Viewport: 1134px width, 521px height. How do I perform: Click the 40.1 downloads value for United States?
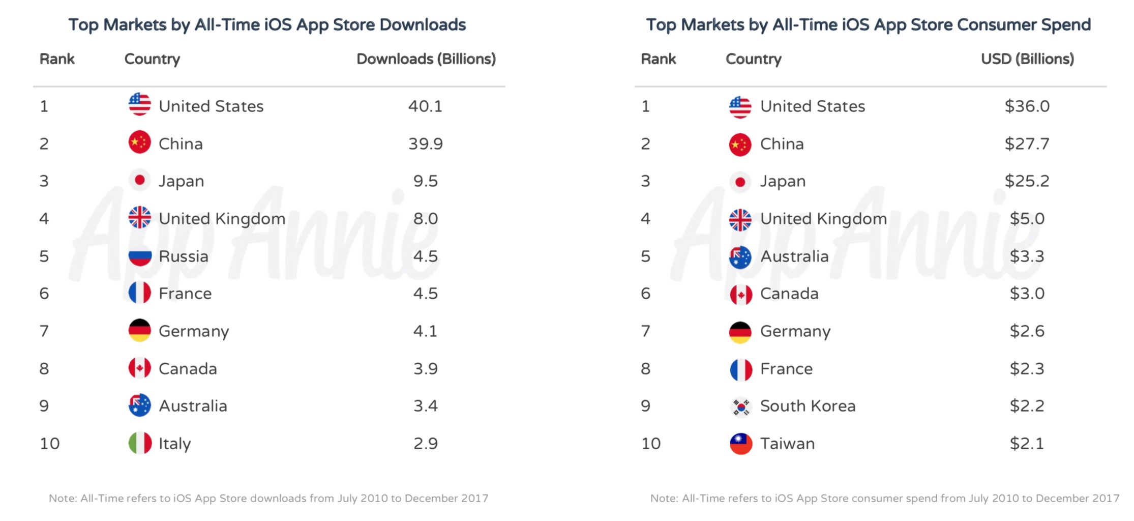425,106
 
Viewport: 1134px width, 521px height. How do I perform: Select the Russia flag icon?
139,256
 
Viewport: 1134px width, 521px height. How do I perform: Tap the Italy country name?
174,444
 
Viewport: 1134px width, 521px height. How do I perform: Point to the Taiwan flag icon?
740,444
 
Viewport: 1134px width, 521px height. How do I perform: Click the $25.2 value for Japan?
1027,181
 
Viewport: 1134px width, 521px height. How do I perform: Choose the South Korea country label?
808,406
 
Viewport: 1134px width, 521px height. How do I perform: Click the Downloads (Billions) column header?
426,59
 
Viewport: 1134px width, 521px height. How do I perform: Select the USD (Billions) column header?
1027,59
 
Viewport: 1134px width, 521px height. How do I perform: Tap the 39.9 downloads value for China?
425,144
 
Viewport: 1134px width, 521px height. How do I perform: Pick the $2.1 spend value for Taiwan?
1027,444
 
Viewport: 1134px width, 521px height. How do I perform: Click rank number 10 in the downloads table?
50,444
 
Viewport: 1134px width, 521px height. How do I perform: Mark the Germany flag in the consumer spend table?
740,331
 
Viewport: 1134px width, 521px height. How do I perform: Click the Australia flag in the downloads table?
139,406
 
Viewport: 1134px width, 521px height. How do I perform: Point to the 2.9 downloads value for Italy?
425,444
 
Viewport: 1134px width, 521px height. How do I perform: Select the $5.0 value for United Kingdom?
1027,219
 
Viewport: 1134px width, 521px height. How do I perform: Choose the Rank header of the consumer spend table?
658,59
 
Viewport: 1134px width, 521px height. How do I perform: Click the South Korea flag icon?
740,407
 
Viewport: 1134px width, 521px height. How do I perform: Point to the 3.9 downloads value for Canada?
425,369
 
